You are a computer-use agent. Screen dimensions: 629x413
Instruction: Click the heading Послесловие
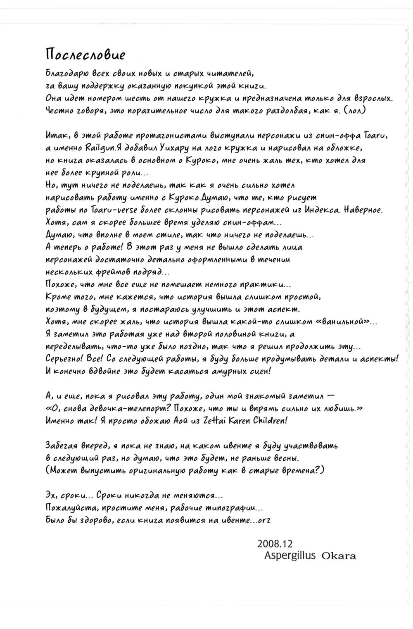pyautogui.click(x=85, y=55)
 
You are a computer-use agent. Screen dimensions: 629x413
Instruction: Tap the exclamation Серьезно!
pyautogui.click(x=66, y=359)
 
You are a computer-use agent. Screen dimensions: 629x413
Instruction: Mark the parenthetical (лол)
pyautogui.click(x=354, y=111)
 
